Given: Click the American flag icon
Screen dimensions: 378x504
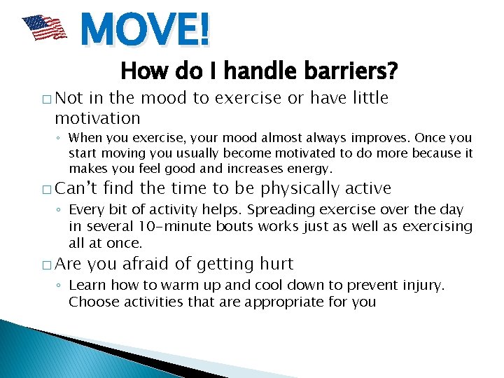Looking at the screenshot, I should click(43, 28).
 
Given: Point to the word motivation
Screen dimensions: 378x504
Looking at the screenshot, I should click(97, 118).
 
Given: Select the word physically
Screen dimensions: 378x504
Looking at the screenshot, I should click(300, 189).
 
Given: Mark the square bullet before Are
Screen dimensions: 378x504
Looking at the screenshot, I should click(45, 265).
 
